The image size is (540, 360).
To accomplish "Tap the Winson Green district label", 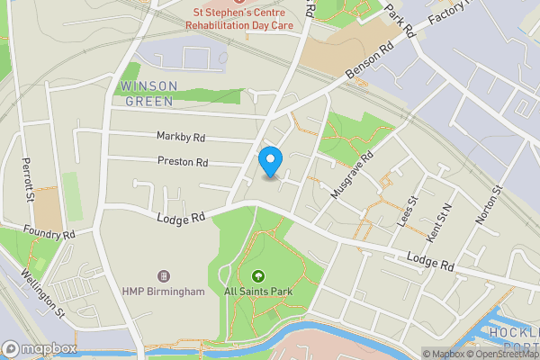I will [148, 94].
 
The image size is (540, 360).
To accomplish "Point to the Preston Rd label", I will [183, 163].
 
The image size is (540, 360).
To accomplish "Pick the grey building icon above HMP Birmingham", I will [164, 275].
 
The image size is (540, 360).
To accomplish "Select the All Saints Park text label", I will [258, 292].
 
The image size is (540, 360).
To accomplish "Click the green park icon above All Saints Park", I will [259, 275].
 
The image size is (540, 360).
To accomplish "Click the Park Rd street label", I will [401, 19].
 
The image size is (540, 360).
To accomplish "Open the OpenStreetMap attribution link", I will [499, 354].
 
